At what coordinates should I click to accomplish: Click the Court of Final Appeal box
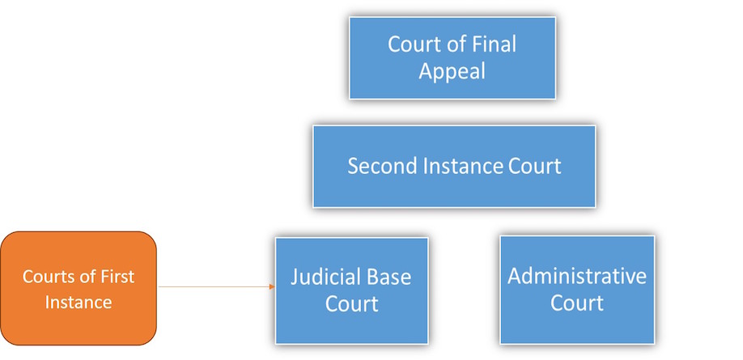(452, 57)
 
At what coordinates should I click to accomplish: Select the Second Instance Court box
(454, 167)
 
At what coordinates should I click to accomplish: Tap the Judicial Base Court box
(351, 290)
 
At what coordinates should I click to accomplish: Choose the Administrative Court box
(577, 290)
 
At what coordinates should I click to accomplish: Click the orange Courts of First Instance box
(79, 288)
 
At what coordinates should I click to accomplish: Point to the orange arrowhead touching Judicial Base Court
(272, 286)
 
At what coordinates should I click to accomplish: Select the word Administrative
(577, 276)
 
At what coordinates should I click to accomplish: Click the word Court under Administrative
(577, 303)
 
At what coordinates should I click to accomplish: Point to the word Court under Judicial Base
(351, 303)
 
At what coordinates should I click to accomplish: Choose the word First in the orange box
(117, 276)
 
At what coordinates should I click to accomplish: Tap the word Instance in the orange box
(79, 302)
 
